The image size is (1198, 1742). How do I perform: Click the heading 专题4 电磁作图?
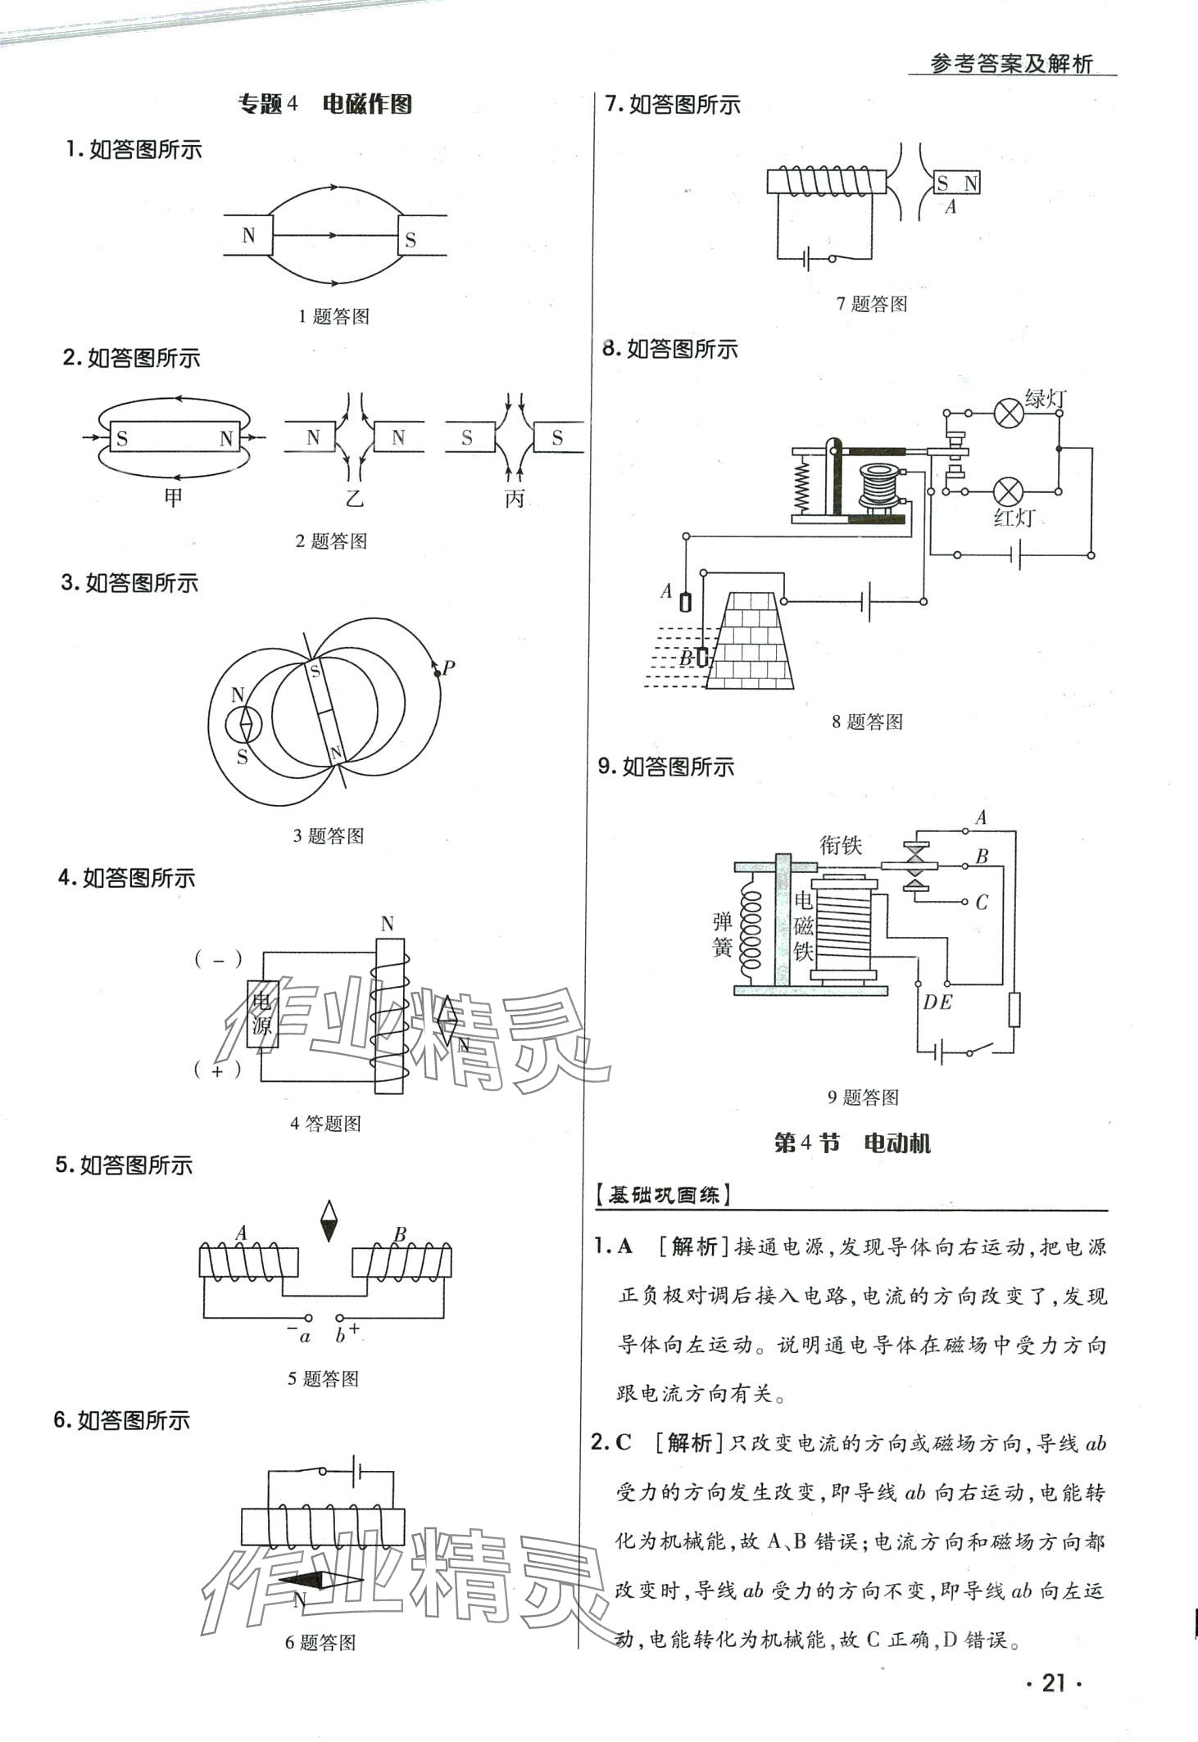coord(324,105)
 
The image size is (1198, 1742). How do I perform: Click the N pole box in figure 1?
coord(248,236)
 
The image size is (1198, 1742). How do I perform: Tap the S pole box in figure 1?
coord(411,239)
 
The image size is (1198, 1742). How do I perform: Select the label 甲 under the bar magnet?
coord(173,496)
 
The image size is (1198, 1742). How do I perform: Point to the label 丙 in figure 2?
coord(514,498)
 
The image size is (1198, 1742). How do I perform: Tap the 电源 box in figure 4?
coord(263,1014)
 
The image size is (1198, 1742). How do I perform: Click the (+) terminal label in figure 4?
coord(217,1070)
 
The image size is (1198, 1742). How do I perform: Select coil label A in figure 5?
coord(241,1233)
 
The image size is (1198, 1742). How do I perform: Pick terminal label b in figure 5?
coord(340,1337)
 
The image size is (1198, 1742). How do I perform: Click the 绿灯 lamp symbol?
coord(1008,414)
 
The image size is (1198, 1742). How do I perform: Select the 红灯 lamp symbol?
coord(1008,492)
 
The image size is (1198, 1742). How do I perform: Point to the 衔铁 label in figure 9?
coord(841,844)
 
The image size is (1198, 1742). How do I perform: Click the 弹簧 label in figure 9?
coord(722,934)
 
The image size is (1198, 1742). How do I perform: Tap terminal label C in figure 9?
coord(982,903)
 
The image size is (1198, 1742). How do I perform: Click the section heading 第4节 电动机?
coord(852,1143)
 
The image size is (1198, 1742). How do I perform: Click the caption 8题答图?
coord(867,722)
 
